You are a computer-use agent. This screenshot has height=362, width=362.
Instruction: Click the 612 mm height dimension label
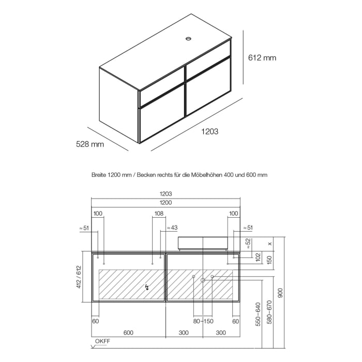(262, 58)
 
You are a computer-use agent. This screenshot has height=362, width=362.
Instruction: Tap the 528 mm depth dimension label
(90, 144)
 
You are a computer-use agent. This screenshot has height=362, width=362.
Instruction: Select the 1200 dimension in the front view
(165, 202)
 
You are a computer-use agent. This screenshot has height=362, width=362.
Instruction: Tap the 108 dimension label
(159, 213)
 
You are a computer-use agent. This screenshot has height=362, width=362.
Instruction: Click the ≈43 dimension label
(172, 228)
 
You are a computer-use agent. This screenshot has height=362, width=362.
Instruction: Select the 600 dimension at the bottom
(129, 333)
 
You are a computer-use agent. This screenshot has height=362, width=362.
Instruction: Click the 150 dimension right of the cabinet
(269, 258)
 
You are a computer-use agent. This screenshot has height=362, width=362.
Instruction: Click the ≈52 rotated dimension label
(248, 244)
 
